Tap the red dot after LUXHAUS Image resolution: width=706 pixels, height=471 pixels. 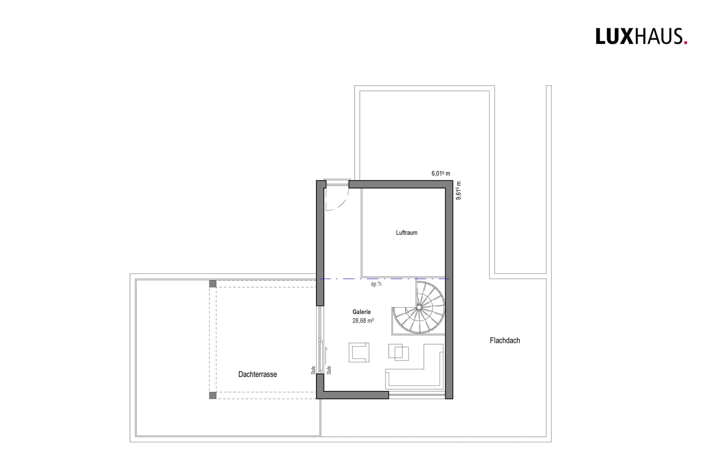tap(685, 42)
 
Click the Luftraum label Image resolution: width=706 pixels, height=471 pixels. tap(406, 233)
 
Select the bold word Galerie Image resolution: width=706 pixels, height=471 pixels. tap(361, 312)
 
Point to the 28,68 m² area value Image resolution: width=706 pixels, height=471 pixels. tap(363, 321)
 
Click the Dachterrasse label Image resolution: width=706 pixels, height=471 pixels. tap(257, 375)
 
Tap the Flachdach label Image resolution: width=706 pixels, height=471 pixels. tap(504, 340)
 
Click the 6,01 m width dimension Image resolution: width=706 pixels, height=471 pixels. tap(440, 174)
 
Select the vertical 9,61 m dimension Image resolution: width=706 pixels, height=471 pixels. tap(458, 191)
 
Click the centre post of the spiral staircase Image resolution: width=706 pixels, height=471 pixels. tap(419, 307)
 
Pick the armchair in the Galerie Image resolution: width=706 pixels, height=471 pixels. tap(359, 352)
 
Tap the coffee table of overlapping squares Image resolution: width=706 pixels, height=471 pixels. tap(399, 352)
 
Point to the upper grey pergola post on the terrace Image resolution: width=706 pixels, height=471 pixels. tap(213, 284)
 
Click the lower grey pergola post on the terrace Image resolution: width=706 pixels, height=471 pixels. tap(213, 395)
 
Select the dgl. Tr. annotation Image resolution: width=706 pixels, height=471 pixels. tap(376, 284)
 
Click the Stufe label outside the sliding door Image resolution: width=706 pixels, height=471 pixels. tap(313, 370)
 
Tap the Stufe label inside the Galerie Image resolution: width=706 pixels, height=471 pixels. tap(329, 370)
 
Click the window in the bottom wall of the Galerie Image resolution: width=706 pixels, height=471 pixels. tap(417, 395)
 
